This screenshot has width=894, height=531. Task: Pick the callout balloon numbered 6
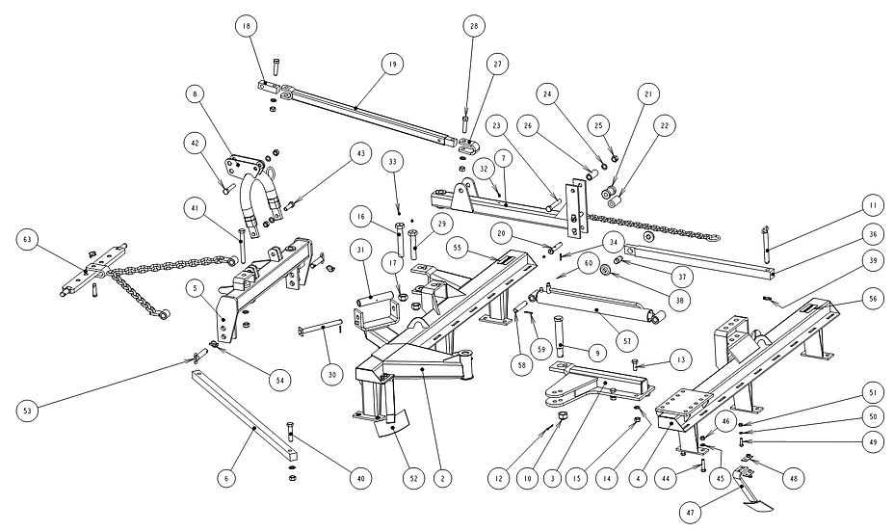coord(227,477)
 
